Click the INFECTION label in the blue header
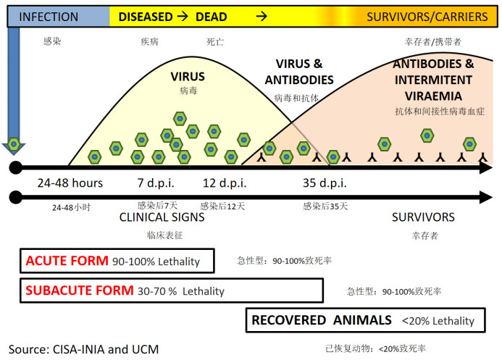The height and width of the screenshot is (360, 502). click(49, 17)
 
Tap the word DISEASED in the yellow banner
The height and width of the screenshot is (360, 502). click(146, 17)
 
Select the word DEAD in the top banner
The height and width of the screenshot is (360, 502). click(212, 17)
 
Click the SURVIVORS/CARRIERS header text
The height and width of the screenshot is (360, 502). click(427, 17)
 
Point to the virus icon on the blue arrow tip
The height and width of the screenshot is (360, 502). click(14, 144)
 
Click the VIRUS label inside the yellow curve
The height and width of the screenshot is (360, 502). click(188, 77)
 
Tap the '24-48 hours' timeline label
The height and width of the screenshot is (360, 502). click(70, 183)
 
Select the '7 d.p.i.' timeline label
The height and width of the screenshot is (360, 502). click(156, 183)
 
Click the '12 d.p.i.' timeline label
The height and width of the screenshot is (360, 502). click(225, 183)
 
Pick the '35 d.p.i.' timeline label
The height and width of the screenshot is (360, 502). click(325, 183)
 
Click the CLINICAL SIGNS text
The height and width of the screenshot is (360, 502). click(162, 217)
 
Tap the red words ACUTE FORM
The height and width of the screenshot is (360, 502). click(67, 261)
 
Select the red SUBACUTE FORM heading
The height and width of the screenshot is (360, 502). click(80, 290)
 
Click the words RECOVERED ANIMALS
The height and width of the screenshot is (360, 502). click(322, 320)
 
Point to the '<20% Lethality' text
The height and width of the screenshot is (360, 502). click(438, 321)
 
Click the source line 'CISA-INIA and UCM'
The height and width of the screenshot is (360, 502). click(106, 349)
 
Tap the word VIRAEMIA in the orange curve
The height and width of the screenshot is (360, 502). click(433, 96)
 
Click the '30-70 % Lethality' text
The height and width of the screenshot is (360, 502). click(181, 291)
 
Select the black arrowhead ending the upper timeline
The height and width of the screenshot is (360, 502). click(486, 167)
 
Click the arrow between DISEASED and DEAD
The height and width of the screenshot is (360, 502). click(183, 16)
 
